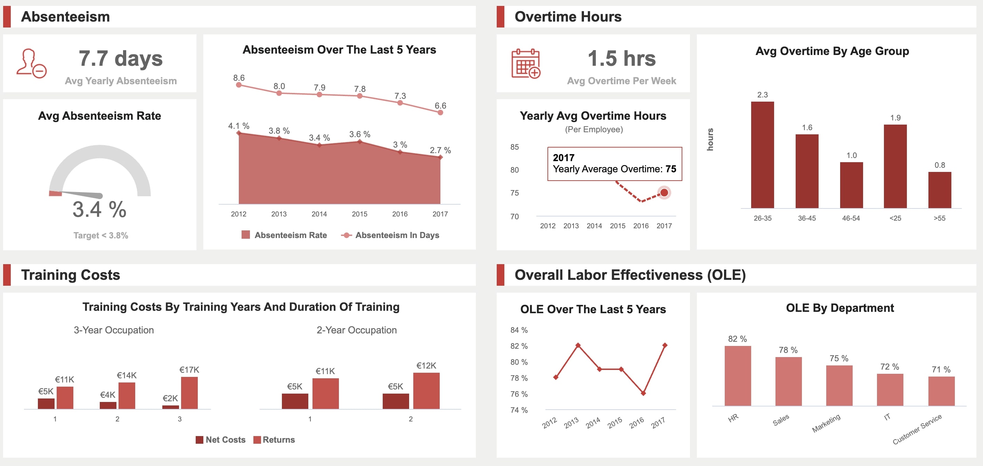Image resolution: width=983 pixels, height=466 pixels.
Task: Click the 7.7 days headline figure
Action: coord(121,58)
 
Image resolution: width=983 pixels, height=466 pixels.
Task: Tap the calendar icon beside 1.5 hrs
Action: coord(526,64)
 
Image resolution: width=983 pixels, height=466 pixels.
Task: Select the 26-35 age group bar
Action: coord(762,155)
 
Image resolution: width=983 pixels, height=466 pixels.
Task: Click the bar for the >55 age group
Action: coord(939,190)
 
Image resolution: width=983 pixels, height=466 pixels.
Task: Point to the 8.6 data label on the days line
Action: coord(239,78)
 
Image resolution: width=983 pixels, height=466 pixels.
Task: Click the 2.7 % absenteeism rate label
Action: coord(440,150)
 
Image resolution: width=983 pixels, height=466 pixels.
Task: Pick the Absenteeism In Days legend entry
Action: coord(390,235)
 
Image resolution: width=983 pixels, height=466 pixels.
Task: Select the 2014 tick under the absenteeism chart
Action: coord(319,214)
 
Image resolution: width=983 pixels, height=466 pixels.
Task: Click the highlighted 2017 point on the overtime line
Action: coord(664,192)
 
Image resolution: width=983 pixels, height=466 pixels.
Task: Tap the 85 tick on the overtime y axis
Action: coord(514,147)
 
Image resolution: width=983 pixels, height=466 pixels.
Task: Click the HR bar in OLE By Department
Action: coord(737,376)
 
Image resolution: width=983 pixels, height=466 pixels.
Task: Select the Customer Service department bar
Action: coord(941,391)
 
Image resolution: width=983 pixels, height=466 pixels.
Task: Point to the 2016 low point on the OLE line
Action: coord(643,393)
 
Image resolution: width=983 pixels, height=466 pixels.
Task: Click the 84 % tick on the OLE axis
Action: coord(519,330)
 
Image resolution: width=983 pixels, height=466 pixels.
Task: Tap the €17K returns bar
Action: coord(189,393)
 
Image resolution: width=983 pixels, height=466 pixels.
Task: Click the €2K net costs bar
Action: coord(170,407)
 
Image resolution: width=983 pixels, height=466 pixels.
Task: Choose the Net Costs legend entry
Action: coord(221,440)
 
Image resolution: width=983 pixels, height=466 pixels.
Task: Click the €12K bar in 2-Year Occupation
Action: coord(426,390)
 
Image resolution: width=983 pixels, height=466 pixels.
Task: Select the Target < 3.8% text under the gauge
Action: coord(101,235)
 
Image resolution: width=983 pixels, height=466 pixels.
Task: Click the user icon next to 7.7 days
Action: coord(31,63)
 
